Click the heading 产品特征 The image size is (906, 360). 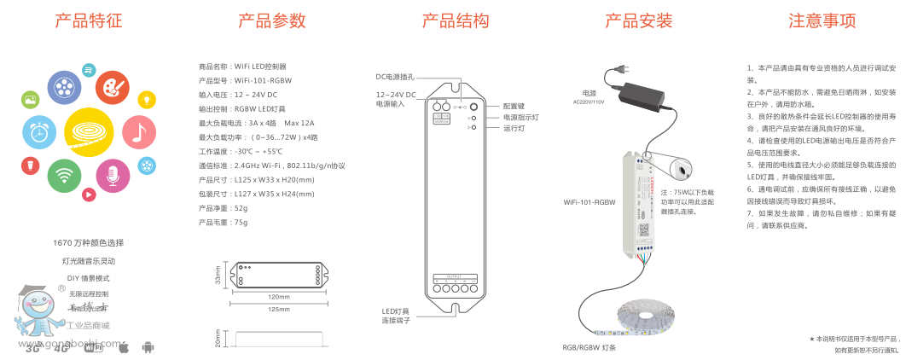[89, 21]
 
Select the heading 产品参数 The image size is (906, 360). [271, 21]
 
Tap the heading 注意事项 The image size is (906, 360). [822, 21]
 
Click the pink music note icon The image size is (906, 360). [139, 131]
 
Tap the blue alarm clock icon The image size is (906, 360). [38, 132]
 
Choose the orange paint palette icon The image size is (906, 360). [112, 86]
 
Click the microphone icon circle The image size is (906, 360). [113, 176]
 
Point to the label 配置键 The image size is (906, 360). [514, 106]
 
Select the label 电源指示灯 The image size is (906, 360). [520, 117]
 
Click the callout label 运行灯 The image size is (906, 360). [514, 128]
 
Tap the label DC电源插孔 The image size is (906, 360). [395, 76]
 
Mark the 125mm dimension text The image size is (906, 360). [279, 309]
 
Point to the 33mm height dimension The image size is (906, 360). [218, 275]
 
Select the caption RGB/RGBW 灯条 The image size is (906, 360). [589, 347]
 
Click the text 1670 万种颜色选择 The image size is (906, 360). [89, 243]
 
